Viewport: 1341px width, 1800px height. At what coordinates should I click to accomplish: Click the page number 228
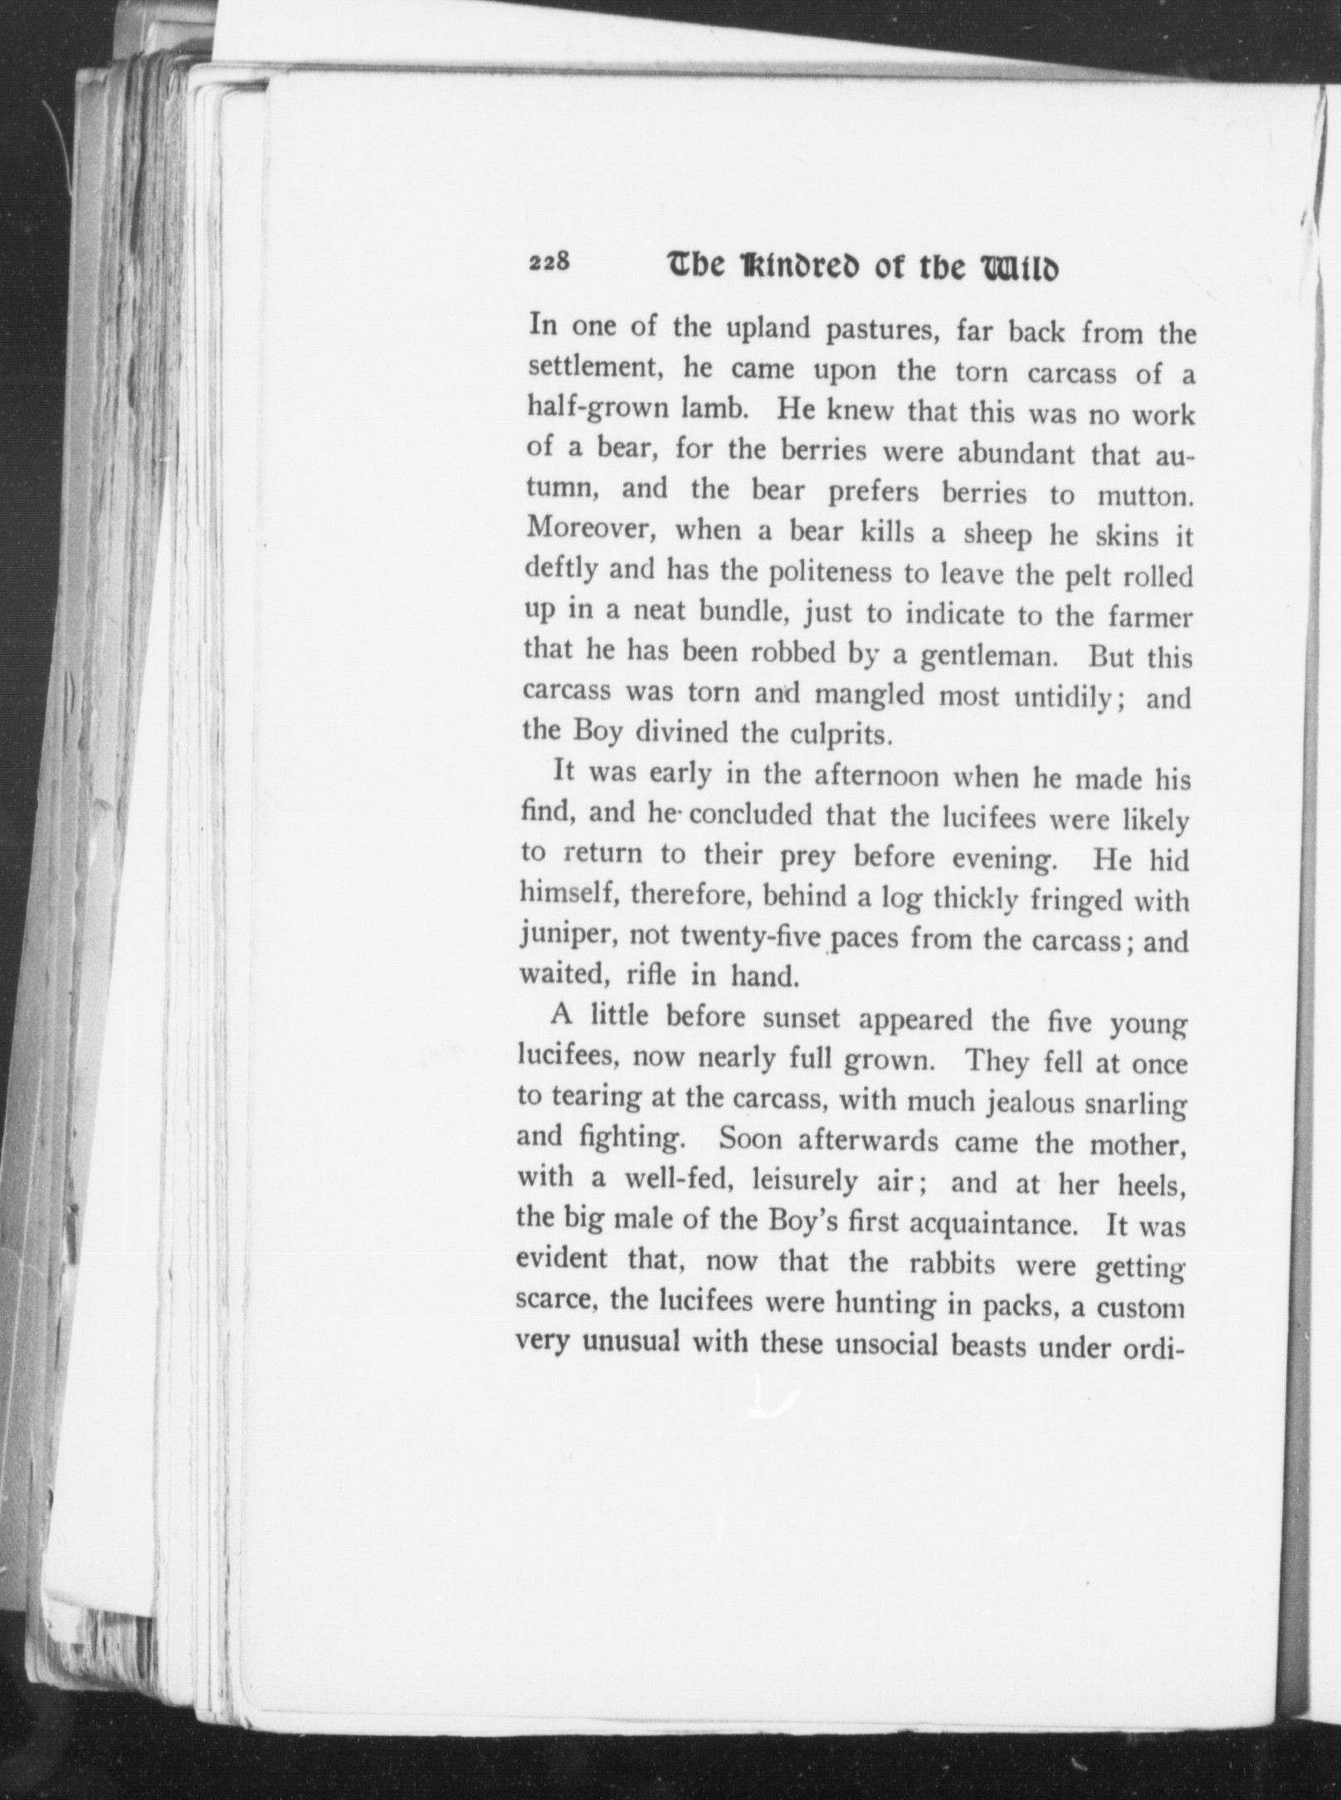pos(549,263)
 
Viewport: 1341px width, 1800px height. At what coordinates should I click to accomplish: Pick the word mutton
pos(1146,496)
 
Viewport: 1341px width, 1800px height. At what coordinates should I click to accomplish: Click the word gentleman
pos(984,657)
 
